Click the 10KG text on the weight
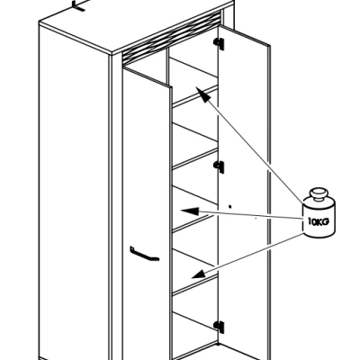tap(319, 222)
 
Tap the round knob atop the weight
tap(319, 193)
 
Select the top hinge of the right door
tap(220, 43)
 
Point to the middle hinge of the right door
tap(219, 166)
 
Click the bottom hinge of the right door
tap(219, 327)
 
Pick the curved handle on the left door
tap(144, 255)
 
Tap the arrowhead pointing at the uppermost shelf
tap(202, 94)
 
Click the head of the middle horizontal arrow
tap(190, 211)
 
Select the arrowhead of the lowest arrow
tap(199, 274)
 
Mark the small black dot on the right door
tap(230, 206)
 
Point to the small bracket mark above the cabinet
tap(79, 5)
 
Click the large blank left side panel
tap(75, 192)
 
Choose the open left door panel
tap(147, 210)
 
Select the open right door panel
tap(244, 192)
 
